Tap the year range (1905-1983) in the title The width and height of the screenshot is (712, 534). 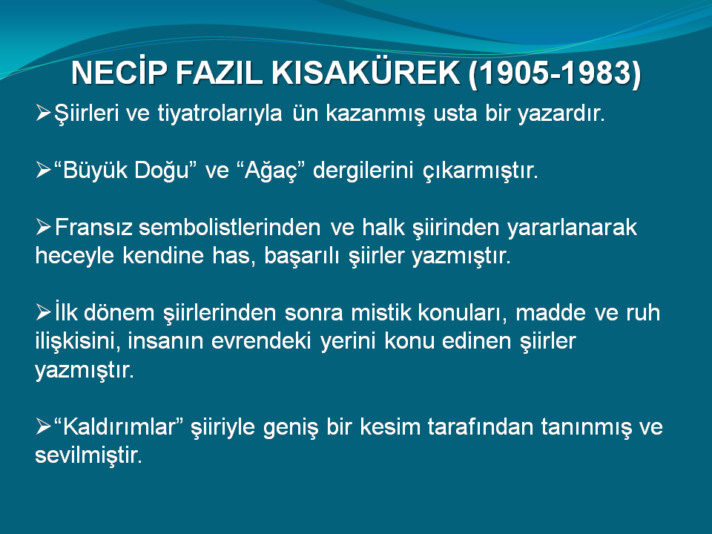point(555,73)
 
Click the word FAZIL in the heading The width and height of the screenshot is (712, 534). point(220,73)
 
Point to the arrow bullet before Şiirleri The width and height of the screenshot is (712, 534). point(43,112)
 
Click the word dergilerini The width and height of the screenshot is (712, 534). point(363,171)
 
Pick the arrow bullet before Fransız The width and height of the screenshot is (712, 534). point(43,227)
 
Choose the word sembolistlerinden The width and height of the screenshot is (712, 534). point(230,227)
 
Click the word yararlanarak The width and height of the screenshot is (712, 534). point(572,228)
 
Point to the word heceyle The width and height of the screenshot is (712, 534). point(74,256)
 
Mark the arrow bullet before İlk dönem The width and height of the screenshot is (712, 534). point(43,312)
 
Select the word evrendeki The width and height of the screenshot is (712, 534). point(261,341)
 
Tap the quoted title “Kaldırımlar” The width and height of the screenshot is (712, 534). point(118,427)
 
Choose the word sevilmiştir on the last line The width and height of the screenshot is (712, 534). point(88,455)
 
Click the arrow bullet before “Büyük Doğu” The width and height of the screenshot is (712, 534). point(43,171)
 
